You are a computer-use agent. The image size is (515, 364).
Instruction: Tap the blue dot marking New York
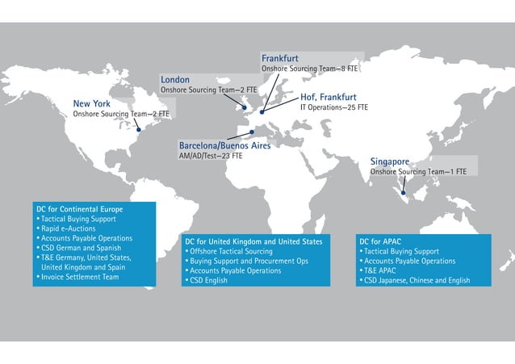click(x=138, y=129)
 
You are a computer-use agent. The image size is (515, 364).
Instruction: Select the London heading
click(x=175, y=80)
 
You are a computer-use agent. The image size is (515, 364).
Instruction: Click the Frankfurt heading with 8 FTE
click(x=279, y=59)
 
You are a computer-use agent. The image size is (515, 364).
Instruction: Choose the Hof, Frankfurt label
click(x=328, y=97)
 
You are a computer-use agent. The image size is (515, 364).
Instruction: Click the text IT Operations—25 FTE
click(x=334, y=107)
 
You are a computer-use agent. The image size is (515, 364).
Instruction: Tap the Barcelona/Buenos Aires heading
click(x=224, y=145)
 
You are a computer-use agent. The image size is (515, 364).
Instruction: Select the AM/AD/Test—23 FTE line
click(x=210, y=156)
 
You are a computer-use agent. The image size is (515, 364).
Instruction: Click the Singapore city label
click(x=390, y=161)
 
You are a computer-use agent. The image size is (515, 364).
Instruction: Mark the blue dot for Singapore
click(x=404, y=194)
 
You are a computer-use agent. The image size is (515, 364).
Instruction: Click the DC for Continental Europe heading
click(x=80, y=210)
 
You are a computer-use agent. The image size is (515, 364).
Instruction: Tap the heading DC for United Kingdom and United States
click(x=253, y=241)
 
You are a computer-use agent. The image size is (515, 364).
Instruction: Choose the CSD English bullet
click(x=209, y=281)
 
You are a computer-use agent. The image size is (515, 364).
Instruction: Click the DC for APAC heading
click(x=380, y=241)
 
